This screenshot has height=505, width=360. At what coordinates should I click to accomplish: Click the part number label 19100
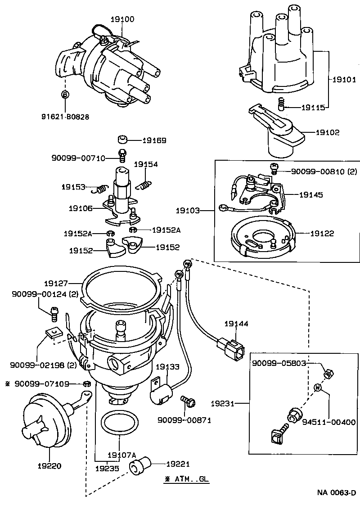[x=122, y=19]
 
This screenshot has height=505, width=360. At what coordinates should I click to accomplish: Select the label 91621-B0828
[x=66, y=117]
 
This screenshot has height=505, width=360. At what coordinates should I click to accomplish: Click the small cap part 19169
[x=123, y=139]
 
